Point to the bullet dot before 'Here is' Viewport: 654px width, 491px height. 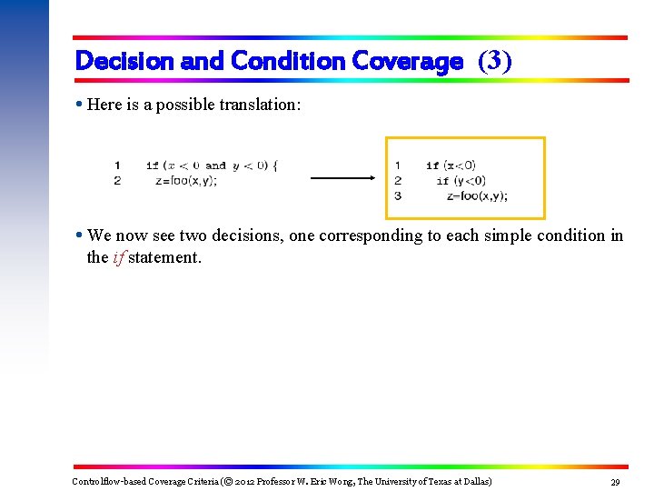[x=80, y=105]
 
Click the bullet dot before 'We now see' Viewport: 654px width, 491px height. [x=80, y=235]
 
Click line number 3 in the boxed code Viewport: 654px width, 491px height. [x=398, y=195]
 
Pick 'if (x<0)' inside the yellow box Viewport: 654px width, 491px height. [x=451, y=165]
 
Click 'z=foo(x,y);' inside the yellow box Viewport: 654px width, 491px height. [x=477, y=195]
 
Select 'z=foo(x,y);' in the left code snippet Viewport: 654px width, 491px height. [x=187, y=180]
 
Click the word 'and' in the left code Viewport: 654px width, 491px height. [x=215, y=165]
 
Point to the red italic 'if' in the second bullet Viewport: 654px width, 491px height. [x=118, y=257]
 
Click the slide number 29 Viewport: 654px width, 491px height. [x=614, y=481]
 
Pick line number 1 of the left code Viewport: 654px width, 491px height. [x=117, y=165]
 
